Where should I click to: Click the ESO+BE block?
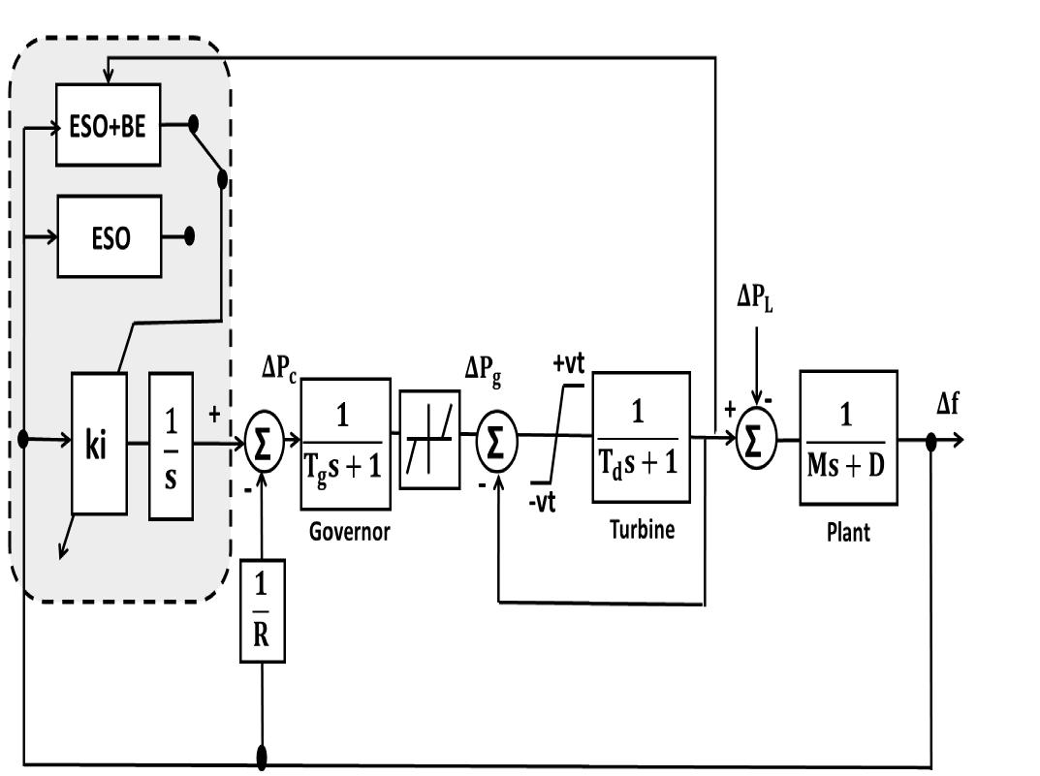tap(108, 125)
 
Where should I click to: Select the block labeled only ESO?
tap(110, 236)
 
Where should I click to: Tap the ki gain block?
tap(99, 443)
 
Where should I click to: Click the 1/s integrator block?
tap(171, 443)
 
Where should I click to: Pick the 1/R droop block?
tap(263, 610)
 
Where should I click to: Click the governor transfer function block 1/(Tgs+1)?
tap(346, 443)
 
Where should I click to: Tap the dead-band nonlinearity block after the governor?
tap(429, 440)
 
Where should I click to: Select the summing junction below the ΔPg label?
tap(496, 442)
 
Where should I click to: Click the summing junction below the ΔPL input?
tap(757, 441)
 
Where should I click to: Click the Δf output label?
tap(949, 404)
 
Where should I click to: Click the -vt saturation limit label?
tap(543, 503)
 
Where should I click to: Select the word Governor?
tap(349, 531)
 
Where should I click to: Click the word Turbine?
tap(642, 529)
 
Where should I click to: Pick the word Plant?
tap(848, 532)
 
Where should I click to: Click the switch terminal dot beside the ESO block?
tap(189, 235)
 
